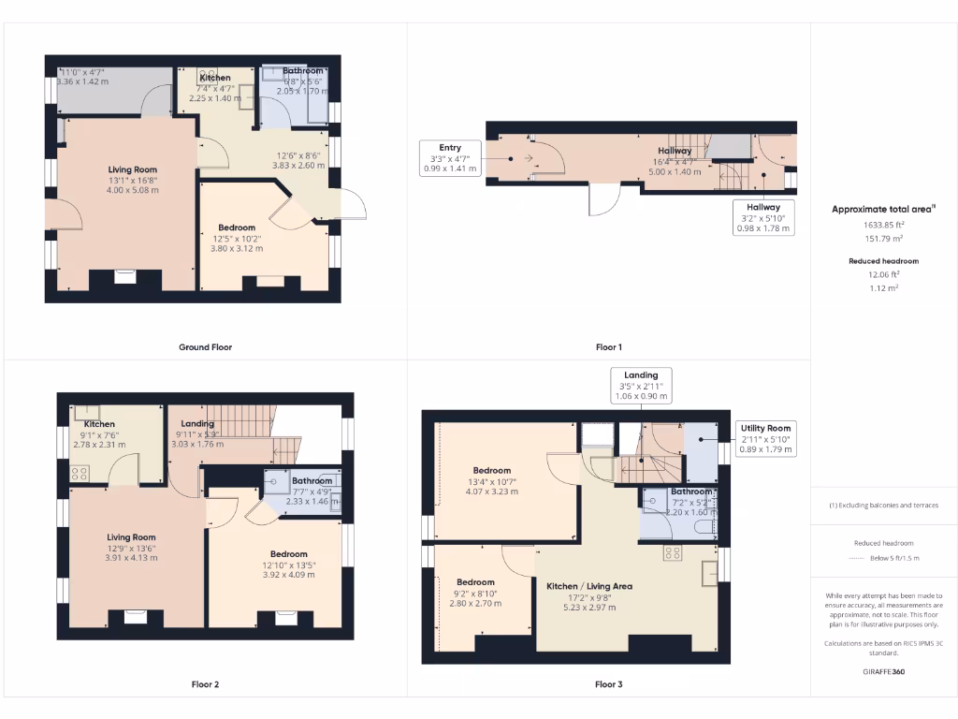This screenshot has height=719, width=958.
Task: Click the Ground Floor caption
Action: pyautogui.click(x=205, y=347)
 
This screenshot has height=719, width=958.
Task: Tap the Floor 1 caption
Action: pyautogui.click(x=608, y=347)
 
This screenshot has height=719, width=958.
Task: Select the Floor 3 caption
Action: pyautogui.click(x=608, y=684)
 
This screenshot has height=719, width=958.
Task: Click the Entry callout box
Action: pyautogui.click(x=450, y=158)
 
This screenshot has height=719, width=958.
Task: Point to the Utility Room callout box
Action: pyautogui.click(x=767, y=438)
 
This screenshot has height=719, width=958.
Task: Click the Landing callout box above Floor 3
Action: pyautogui.click(x=641, y=385)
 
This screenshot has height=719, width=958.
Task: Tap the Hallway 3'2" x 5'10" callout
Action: pyautogui.click(x=763, y=217)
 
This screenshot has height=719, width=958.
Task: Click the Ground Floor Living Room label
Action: pyautogui.click(x=132, y=169)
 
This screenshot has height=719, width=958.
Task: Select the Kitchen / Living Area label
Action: pyautogui.click(x=589, y=586)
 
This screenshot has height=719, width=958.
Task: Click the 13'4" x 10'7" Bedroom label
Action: pyautogui.click(x=491, y=470)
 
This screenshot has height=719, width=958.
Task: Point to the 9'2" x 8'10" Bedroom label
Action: pyautogui.click(x=475, y=581)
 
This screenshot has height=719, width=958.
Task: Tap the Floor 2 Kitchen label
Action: pyautogui.click(x=99, y=424)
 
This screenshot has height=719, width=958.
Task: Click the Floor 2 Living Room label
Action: pyautogui.click(x=131, y=537)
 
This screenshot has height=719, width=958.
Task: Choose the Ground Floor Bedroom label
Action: pyautogui.click(x=237, y=227)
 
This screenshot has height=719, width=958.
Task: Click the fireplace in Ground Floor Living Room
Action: pyautogui.click(x=124, y=276)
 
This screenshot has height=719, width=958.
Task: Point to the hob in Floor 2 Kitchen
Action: pyautogui.click(x=77, y=473)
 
